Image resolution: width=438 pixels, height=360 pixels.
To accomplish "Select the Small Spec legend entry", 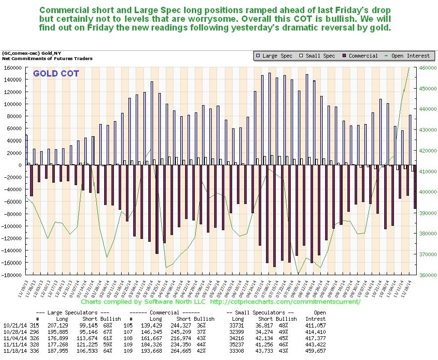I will (317, 56).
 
